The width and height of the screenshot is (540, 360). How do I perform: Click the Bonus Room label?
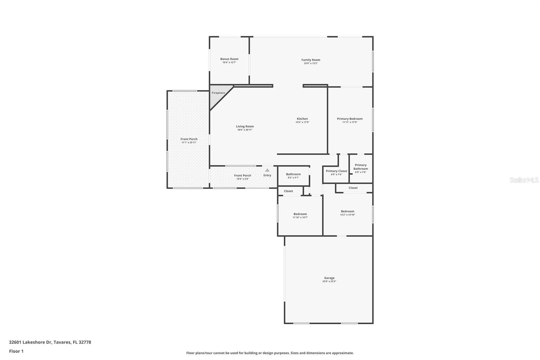coord(229,59)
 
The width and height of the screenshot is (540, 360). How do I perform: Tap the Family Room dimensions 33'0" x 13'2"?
coord(310,63)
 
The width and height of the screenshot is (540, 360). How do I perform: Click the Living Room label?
coord(245,127)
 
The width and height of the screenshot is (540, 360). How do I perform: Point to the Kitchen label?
coord(302,119)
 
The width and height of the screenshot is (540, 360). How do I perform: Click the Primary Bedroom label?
coord(350,119)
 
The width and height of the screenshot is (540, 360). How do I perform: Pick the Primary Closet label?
coord(336,171)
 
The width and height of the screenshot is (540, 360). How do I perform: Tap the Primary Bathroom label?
coord(360,167)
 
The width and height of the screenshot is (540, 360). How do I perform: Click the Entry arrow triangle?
coord(267,170)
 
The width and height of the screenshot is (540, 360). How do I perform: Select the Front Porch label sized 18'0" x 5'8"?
coord(242,176)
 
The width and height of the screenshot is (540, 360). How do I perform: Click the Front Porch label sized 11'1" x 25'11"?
coord(189,139)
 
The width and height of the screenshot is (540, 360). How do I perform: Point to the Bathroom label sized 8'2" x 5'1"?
coord(293,174)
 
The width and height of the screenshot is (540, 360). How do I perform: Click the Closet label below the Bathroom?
coord(288,191)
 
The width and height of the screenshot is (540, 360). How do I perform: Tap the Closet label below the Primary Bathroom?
coord(353,188)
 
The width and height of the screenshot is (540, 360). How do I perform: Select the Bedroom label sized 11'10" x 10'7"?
coord(300,214)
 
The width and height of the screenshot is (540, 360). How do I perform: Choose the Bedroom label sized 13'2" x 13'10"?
coord(347,211)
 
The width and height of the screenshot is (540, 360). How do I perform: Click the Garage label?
coord(329,278)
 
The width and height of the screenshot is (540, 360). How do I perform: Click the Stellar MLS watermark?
coord(524,180)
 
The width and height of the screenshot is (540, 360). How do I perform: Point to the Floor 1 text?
coord(16,351)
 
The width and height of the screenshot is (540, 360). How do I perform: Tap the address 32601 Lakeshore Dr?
coord(30,342)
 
